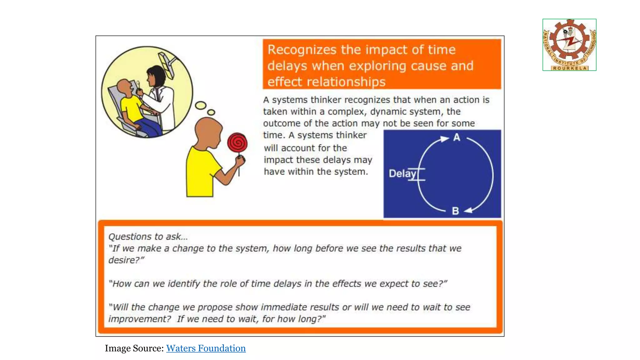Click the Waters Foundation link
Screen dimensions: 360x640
[206, 348]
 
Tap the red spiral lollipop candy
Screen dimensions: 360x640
[237, 143]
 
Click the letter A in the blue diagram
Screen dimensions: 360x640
[457, 137]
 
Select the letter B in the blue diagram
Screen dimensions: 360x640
[455, 211]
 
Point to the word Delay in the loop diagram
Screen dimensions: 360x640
[402, 174]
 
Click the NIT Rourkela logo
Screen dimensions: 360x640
[569, 45]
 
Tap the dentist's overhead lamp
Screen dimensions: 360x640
[167, 64]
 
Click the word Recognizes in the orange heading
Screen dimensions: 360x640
[302, 50]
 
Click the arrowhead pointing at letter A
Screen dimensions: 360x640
[444, 139]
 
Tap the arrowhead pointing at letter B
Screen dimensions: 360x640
[468, 211]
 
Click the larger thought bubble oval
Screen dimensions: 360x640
[201, 105]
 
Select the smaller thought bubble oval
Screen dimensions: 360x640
[211, 112]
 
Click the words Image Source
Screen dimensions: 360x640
[134, 348]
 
